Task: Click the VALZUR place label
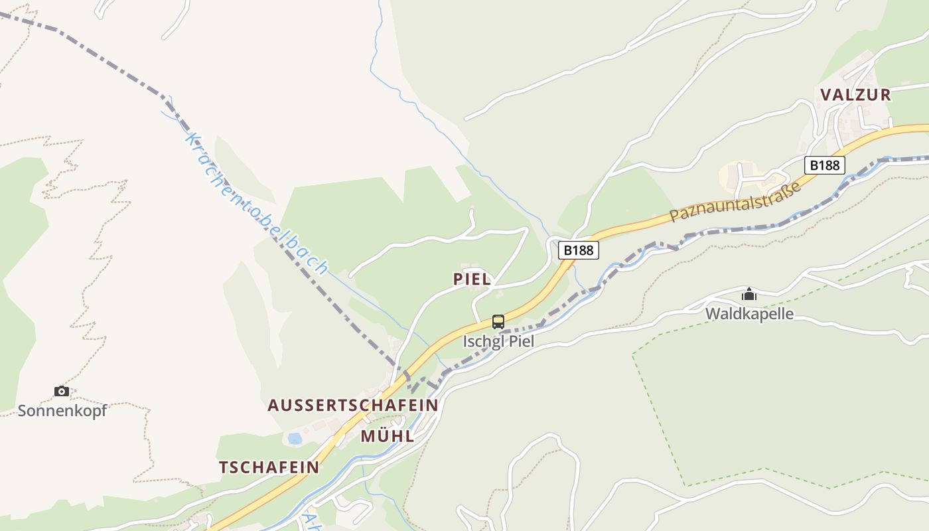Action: pyautogui.click(x=855, y=95)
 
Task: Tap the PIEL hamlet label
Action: pyautogui.click(x=472, y=279)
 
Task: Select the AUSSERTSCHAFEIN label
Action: pyautogui.click(x=352, y=406)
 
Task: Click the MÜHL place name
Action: pyautogui.click(x=388, y=437)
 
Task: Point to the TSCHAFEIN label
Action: pyautogui.click(x=269, y=467)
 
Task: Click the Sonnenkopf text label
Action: pyautogui.click(x=62, y=411)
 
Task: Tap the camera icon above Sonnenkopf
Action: pyautogui.click(x=62, y=391)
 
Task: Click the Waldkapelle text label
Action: pyautogui.click(x=749, y=314)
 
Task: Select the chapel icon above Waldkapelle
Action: pyautogui.click(x=749, y=294)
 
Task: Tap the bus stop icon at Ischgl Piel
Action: pyautogui.click(x=498, y=322)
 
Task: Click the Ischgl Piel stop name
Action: pyautogui.click(x=498, y=342)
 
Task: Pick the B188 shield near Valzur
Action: pyautogui.click(x=824, y=165)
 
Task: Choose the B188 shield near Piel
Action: pyautogui.click(x=578, y=250)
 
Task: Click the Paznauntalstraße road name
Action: pyautogui.click(x=735, y=201)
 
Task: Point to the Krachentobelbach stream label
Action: pyautogui.click(x=257, y=203)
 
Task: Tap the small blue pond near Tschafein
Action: pyautogui.click(x=295, y=439)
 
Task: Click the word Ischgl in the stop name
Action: pyautogui.click(x=480, y=342)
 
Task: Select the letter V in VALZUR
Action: pyautogui.click(x=826, y=95)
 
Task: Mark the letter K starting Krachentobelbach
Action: pyautogui.click(x=192, y=139)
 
